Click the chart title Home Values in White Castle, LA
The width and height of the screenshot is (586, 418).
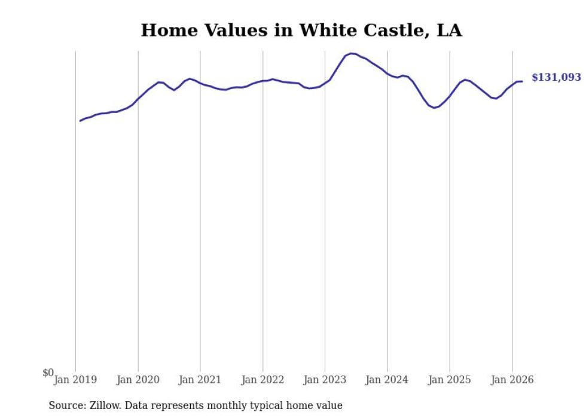tap(301, 30)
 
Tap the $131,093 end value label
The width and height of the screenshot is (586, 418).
tap(556, 78)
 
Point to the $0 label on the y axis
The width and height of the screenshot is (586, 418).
tap(48, 373)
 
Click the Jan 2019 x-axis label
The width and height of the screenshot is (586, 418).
tap(75, 380)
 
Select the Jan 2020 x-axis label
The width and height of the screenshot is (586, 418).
tap(138, 380)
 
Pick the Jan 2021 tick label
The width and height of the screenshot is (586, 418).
tap(200, 380)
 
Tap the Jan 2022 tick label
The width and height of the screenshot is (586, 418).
tap(263, 380)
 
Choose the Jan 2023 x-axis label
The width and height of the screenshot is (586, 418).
tap(325, 380)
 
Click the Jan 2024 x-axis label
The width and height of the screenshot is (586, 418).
tap(387, 380)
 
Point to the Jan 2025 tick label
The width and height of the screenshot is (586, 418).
tap(450, 380)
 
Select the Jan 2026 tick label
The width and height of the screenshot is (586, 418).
tap(512, 380)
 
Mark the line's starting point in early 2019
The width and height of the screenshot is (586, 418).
tap(80, 121)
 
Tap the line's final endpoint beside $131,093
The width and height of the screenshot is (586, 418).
tap(522, 81)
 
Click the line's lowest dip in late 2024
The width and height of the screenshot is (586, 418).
tap(434, 108)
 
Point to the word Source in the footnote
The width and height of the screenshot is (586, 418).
tap(64, 405)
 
